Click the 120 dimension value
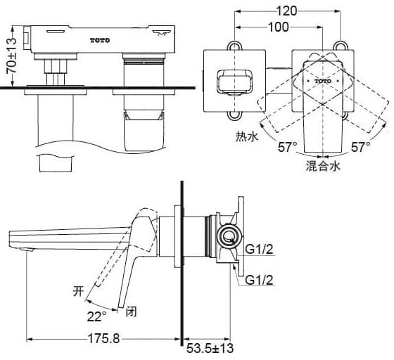point(286,10)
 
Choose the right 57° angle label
point(361,147)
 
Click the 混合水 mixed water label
point(323,167)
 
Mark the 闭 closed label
point(132,310)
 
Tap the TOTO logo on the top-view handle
point(323,81)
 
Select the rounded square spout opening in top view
point(228,82)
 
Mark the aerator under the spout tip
point(28,250)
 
